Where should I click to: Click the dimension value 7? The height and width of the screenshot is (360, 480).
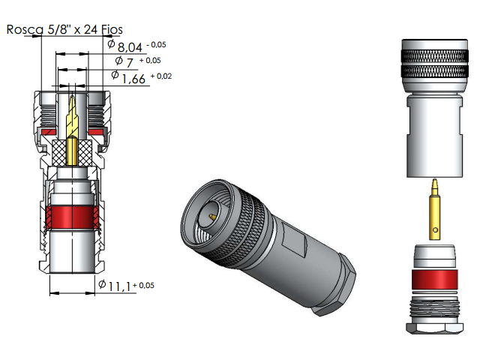129,61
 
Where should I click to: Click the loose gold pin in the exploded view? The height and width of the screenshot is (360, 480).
434,206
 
